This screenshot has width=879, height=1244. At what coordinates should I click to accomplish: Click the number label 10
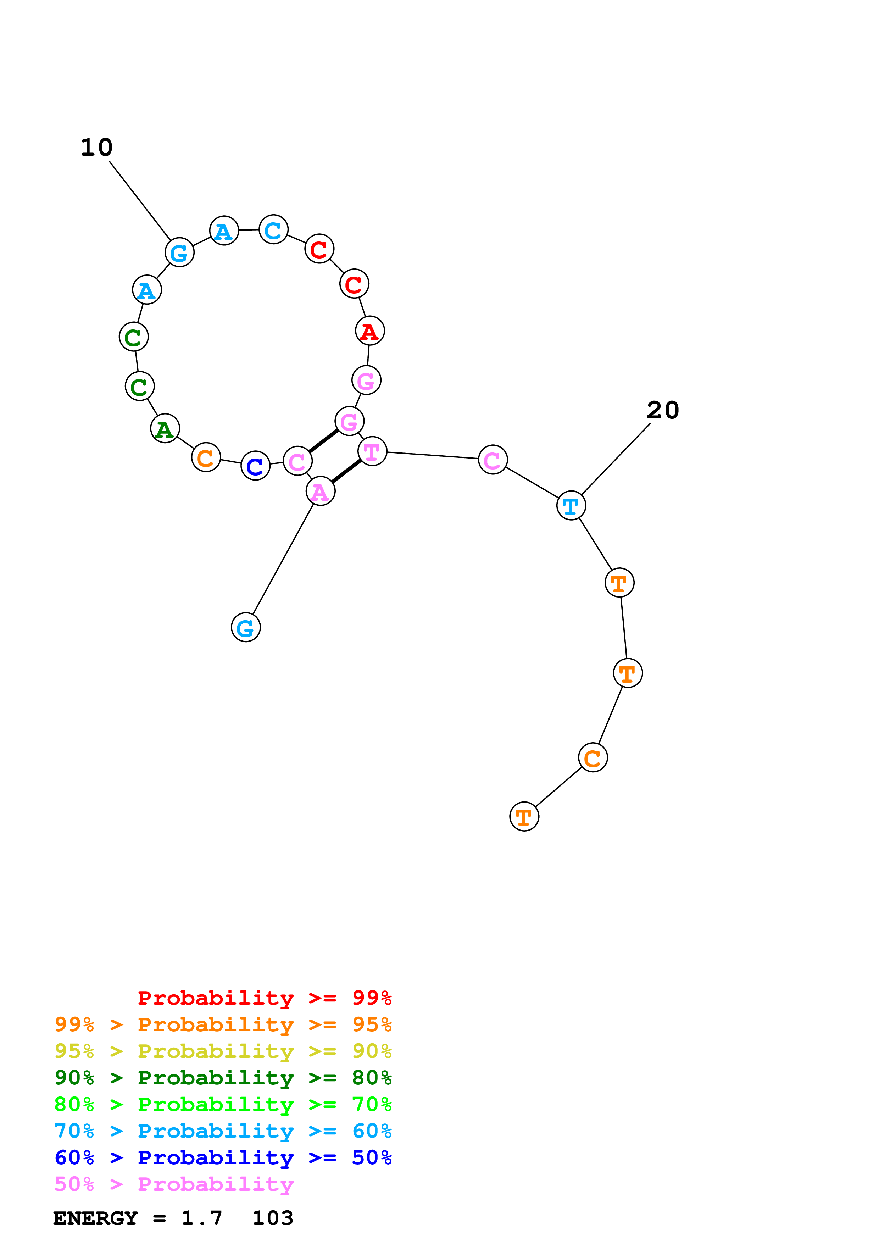[96, 148]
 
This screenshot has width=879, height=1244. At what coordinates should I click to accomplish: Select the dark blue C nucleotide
[255, 465]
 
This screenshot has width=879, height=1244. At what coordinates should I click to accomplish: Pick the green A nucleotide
[165, 429]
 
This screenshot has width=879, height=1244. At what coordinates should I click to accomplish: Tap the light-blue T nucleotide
[571, 506]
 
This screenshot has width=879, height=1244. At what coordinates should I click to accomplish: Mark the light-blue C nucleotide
[273, 230]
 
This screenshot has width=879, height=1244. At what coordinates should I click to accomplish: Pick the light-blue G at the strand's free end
[246, 627]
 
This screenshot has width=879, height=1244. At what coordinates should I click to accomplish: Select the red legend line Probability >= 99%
[264, 998]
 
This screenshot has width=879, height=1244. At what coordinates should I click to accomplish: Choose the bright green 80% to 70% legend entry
[223, 1104]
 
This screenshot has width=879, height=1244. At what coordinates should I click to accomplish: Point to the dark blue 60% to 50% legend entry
[223, 1157]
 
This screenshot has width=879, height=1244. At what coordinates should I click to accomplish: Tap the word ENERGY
[95, 1218]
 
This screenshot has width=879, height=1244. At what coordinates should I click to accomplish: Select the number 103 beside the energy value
[272, 1218]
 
